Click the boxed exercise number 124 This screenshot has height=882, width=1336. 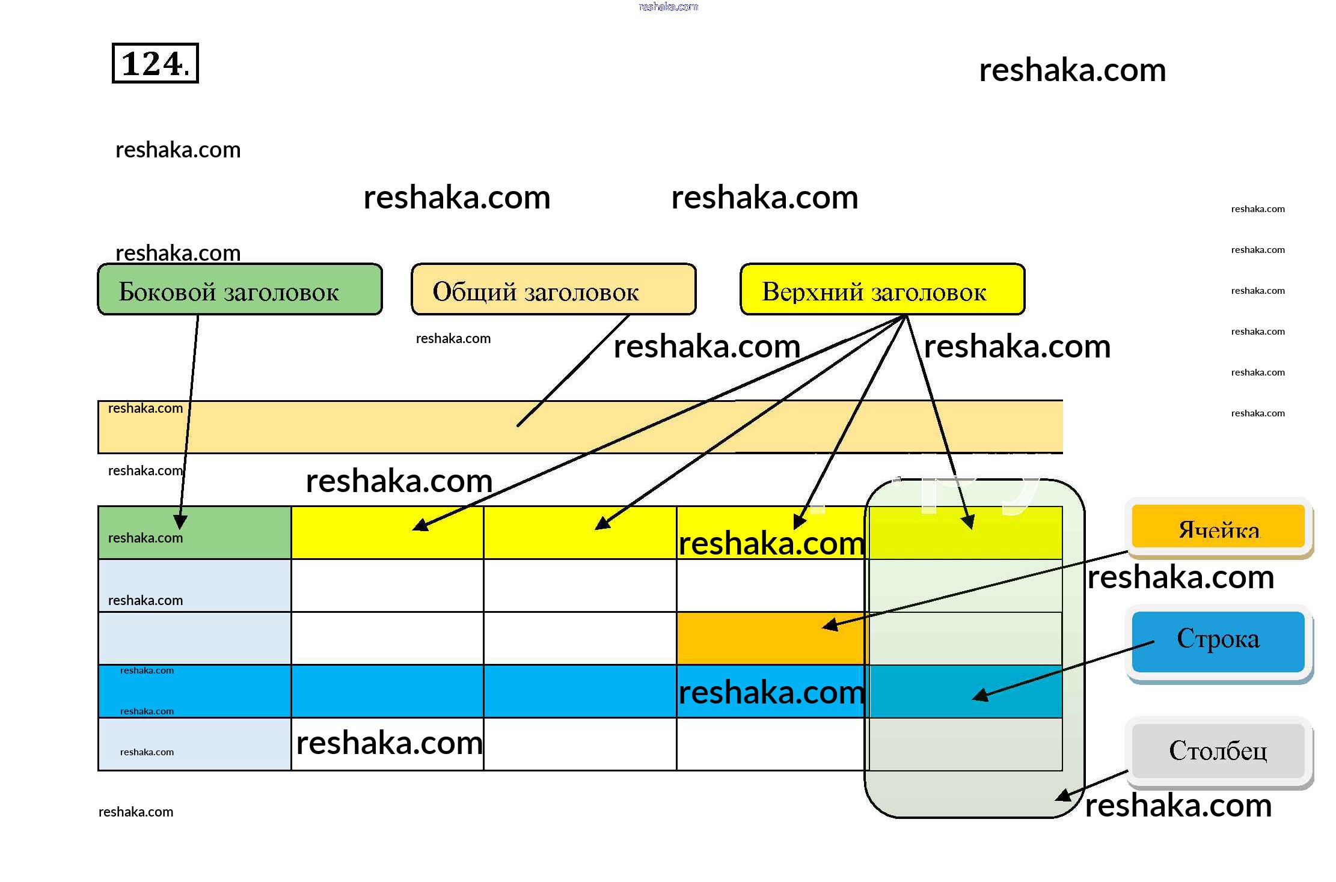(x=155, y=63)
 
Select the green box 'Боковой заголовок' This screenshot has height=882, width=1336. (x=239, y=290)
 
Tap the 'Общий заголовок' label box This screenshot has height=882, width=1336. (x=553, y=290)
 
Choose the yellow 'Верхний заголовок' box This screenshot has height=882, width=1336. (x=882, y=290)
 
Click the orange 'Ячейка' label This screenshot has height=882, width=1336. (x=1218, y=527)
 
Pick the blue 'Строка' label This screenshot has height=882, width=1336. (x=1218, y=640)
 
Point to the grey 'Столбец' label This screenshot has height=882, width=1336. (x=1218, y=751)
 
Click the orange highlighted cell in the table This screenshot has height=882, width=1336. (x=772, y=638)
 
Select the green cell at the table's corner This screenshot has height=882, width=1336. (x=194, y=533)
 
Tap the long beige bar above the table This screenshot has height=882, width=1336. (x=580, y=427)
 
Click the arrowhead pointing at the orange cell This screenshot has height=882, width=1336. (x=830, y=625)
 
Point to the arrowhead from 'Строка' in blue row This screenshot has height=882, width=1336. (x=981, y=696)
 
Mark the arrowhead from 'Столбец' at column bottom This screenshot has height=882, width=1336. (x=1064, y=795)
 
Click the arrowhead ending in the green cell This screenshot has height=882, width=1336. (x=180, y=522)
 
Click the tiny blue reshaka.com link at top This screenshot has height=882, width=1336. (x=668, y=7)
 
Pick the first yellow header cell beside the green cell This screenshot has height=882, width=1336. (x=387, y=533)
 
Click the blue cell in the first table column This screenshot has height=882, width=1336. (x=194, y=691)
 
